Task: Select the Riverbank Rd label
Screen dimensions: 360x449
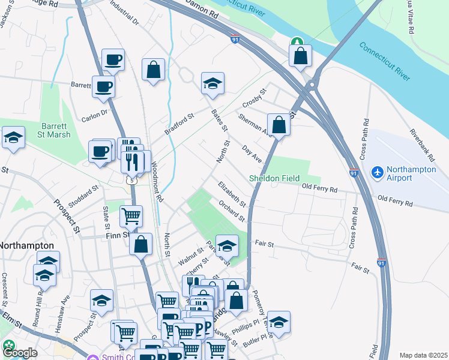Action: pyautogui.click(x=422, y=145)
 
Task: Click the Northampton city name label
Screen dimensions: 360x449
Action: pyautogui.click(x=26, y=246)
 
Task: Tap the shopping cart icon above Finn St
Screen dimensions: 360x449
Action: pyautogui.click(x=131, y=215)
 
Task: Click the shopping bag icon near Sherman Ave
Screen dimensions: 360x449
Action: pyautogui.click(x=279, y=125)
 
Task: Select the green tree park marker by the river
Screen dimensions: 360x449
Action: pyautogui.click(x=297, y=41)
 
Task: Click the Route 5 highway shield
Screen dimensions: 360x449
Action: pyautogui.click(x=131, y=179)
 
